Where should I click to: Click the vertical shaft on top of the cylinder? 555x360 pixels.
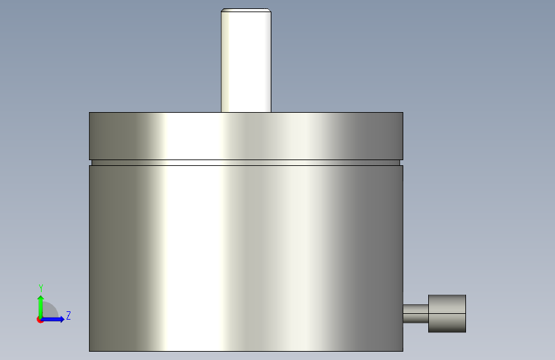click(x=246, y=60)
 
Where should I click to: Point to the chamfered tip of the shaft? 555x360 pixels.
click(x=246, y=10)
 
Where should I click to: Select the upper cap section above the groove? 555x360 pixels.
click(x=246, y=136)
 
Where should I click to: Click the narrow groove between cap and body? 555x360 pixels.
click(x=246, y=163)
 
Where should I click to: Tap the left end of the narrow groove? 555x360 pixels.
click(x=92, y=163)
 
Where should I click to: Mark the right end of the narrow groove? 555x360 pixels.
click(x=400, y=163)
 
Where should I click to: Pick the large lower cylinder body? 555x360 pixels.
click(x=246, y=258)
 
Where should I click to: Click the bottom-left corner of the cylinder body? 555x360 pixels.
click(x=89, y=351)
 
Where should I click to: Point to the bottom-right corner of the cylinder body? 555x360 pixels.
click(x=403, y=351)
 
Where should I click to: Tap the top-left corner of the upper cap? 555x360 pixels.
click(x=89, y=112)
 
